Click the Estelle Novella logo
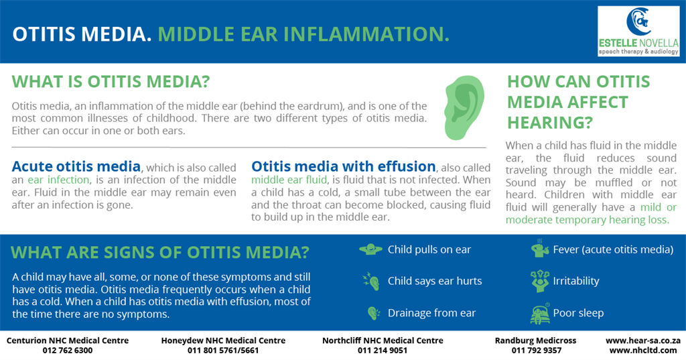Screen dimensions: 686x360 (638, 31)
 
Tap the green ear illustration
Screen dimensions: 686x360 (465, 108)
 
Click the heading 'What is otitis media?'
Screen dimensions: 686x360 (111, 82)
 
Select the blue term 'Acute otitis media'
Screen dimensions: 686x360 (76, 166)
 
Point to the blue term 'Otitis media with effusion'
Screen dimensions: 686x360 (344, 166)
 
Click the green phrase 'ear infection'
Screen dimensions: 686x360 (59, 180)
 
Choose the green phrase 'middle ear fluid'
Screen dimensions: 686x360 (289, 180)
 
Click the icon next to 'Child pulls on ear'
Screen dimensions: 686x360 (370, 249)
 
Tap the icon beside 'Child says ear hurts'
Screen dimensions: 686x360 (371, 281)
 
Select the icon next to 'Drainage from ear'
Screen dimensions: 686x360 (374, 313)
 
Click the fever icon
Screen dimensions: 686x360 (540, 249)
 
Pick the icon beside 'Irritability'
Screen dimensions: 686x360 (540, 281)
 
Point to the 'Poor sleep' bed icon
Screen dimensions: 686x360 (541, 313)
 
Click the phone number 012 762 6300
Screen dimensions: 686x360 (68, 351)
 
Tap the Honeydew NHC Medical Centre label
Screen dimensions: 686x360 (223, 341)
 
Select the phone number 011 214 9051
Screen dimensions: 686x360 (383, 351)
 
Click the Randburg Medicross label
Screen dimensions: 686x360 (535, 341)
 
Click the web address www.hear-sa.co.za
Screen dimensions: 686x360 (643, 341)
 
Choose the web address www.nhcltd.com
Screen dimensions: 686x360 (643, 351)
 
